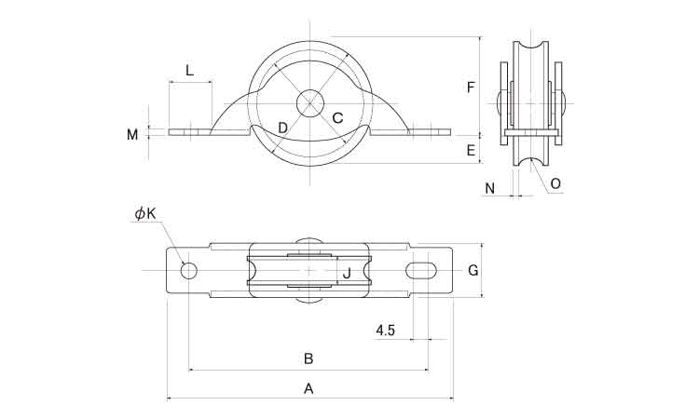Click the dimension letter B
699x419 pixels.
pos(308,358)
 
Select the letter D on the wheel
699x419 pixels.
pos(282,127)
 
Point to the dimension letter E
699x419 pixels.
pos(471,149)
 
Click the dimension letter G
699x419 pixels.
pos(473,270)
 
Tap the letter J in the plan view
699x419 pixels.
pos(347,273)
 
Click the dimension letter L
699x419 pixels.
pos(189,70)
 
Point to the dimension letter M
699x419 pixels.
pos(132,134)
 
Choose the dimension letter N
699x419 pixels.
pos(490,188)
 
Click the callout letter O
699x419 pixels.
pos(555,183)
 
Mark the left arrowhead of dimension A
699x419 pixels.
pos(169,399)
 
